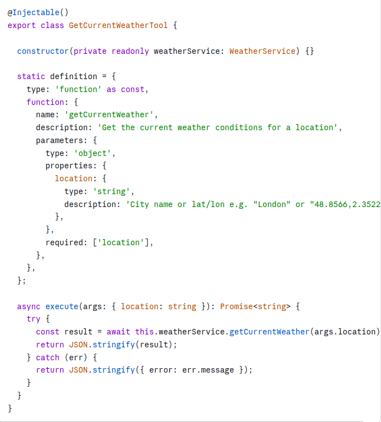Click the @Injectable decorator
33,12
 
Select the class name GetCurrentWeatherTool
118,25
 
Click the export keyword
21,26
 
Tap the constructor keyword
43,51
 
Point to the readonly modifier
130,51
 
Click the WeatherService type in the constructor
262,51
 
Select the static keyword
31,76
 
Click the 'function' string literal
78,89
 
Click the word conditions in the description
239,127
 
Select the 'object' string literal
93,153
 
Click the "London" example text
272,204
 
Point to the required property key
64,242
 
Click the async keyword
29,306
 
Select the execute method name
62,306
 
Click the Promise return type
237,306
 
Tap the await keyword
118,332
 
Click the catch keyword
48,357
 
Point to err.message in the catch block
208,370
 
